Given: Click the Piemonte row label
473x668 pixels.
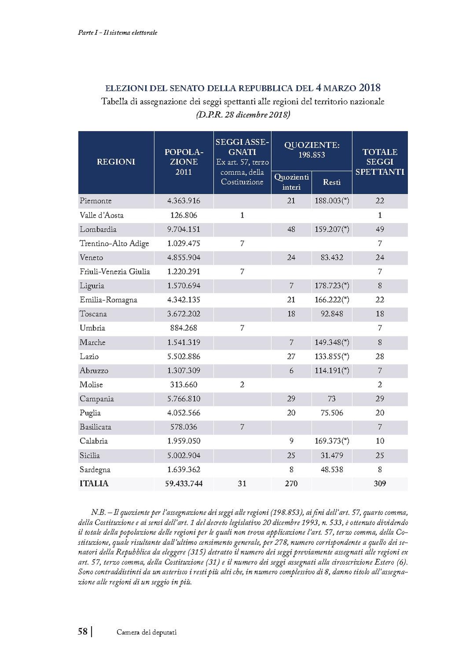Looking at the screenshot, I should point(96,201).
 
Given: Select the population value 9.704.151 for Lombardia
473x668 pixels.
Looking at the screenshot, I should point(184,229).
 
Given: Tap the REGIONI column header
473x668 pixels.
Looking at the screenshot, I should point(116,162).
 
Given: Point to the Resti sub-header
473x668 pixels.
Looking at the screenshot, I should point(332,182).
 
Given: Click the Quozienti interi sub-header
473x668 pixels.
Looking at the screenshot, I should point(291,182).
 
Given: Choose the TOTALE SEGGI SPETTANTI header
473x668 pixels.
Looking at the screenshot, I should point(380,162).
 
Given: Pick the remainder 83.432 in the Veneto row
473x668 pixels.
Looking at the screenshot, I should point(332,258).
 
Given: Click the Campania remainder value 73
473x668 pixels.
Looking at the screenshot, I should point(332,399).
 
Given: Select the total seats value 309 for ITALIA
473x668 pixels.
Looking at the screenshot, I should point(380,483).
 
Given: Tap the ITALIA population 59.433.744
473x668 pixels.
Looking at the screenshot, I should point(184,483).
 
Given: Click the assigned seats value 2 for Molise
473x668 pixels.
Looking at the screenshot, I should point(242,385).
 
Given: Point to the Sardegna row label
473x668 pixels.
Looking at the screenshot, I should point(95,470).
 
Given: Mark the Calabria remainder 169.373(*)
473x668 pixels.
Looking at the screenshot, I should point(332,441).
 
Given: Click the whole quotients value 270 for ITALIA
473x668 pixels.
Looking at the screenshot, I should point(291,483).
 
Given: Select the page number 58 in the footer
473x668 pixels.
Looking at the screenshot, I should point(83,632).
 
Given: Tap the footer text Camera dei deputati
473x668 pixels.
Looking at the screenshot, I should point(147,632).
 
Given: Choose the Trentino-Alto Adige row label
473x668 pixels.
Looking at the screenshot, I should point(114,244).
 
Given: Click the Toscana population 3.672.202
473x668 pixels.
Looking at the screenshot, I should point(184,314).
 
